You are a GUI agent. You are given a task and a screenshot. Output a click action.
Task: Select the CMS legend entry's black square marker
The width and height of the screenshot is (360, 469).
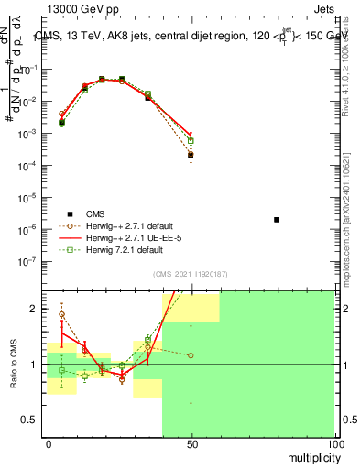[x=69, y=212]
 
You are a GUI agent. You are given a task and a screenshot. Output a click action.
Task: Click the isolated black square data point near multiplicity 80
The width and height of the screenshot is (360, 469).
[x=277, y=220]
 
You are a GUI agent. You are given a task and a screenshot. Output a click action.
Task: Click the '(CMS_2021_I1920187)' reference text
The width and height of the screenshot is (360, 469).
[x=191, y=274]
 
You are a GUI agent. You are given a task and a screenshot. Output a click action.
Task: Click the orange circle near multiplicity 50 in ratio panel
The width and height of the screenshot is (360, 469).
[x=191, y=355]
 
